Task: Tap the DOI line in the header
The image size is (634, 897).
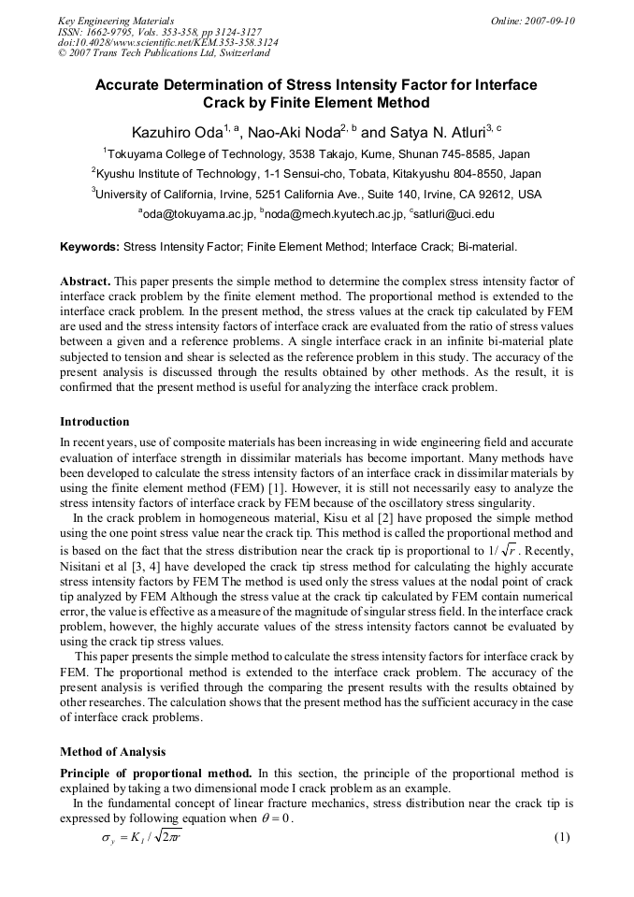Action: (167, 42)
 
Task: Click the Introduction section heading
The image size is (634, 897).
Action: (94, 421)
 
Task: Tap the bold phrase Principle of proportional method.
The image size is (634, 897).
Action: (155, 774)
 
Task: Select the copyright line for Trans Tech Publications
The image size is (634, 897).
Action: (164, 53)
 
